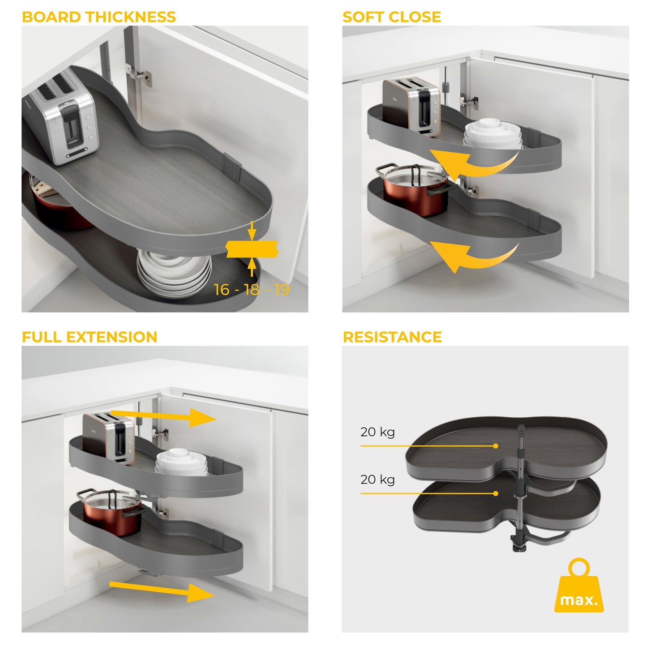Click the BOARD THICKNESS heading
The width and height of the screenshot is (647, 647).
coord(99,17)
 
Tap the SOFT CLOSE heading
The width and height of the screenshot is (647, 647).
coord(391,17)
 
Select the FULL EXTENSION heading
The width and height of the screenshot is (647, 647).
coord(90,337)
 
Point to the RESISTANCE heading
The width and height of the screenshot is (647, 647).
coord(392,337)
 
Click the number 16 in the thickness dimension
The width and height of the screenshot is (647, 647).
coord(222,290)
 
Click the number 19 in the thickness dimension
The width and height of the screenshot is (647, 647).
coord(282,290)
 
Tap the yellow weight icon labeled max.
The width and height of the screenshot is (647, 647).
coord(579,588)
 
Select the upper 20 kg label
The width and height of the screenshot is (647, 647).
coord(377,432)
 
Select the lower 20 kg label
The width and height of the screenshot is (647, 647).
coord(377,480)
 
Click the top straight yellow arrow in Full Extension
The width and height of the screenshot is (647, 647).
coord(166,416)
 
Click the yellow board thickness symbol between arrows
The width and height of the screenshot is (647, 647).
coord(252,249)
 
